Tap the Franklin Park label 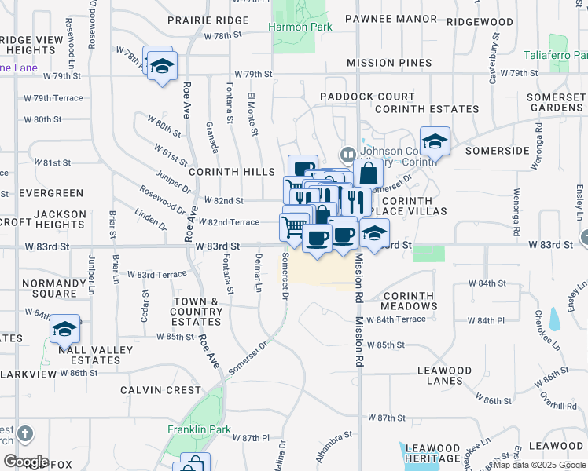point(199,429)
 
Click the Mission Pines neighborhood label point(388,63)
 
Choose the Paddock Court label point(356,97)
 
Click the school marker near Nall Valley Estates point(64,330)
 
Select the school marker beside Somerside point(434,143)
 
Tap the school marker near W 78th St point(162,68)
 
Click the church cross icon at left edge point(24,433)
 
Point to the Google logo point(26,461)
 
